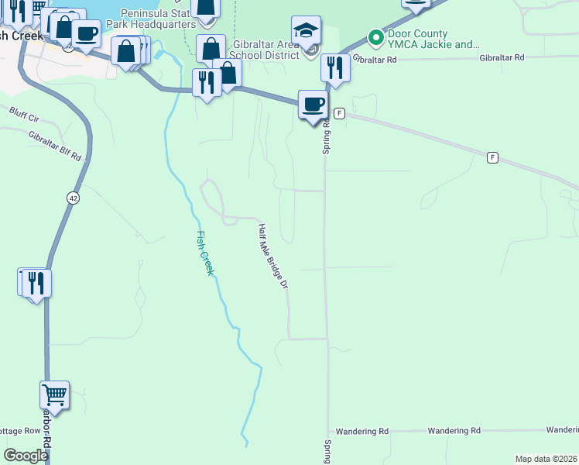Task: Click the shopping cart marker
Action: click(55, 395)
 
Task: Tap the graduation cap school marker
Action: click(306, 32)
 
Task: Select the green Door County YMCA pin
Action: click(375, 36)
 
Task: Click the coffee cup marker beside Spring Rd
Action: click(313, 105)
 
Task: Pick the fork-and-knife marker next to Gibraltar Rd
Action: click(335, 68)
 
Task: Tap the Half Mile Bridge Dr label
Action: click(273, 257)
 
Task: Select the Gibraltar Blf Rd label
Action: click(55, 145)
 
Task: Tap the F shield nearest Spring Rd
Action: click(339, 113)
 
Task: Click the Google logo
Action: click(26, 456)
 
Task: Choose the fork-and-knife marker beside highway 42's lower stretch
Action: click(36, 283)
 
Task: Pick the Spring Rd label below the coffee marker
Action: click(327, 137)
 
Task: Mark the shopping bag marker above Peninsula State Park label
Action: click(207, 9)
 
